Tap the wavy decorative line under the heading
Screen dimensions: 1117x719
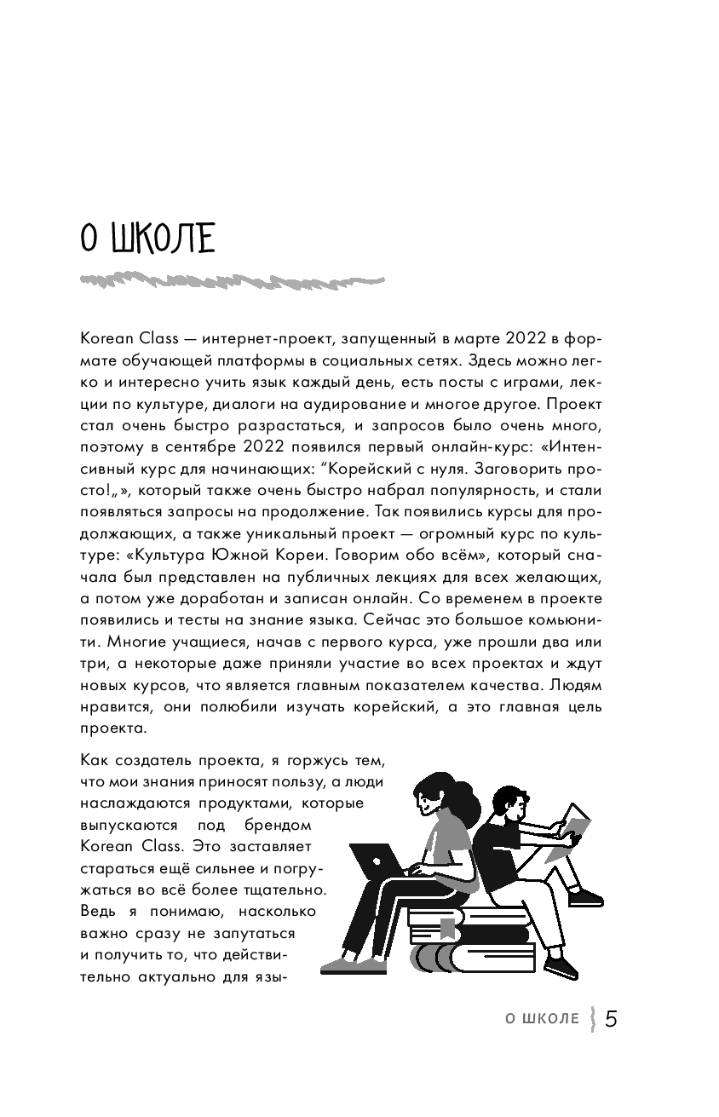pyautogui.click(x=231, y=280)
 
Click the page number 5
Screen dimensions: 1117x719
pyautogui.click(x=611, y=1019)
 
